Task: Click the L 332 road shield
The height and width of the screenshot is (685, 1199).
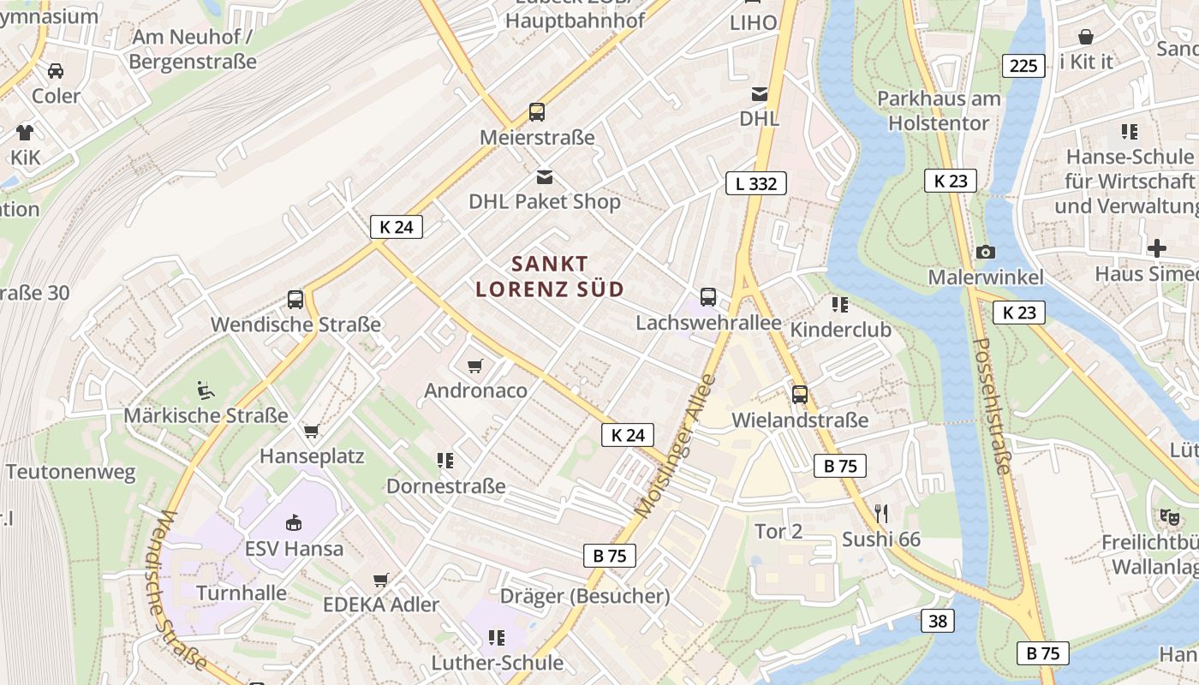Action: pos(755,182)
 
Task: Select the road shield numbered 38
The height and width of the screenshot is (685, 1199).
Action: pos(938,621)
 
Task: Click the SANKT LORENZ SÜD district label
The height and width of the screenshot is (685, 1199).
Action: pos(550,276)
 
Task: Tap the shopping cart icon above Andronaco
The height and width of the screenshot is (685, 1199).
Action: pos(475,366)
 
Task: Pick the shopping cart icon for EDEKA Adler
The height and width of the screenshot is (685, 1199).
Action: pos(381,580)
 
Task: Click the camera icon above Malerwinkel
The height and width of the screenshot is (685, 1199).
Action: pos(986,252)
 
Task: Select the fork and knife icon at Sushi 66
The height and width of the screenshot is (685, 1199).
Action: pos(881,513)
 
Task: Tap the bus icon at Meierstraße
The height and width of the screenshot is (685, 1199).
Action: pos(537,112)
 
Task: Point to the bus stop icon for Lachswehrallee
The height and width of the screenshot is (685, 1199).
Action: pos(708,297)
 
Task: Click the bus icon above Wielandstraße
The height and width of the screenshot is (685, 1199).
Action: pos(800,395)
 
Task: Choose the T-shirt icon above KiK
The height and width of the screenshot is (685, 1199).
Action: pos(25,133)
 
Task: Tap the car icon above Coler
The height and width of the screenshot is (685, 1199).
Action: pos(56,71)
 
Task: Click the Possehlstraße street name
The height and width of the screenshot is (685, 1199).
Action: pos(993,406)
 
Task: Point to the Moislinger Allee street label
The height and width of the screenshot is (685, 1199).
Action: pos(675,445)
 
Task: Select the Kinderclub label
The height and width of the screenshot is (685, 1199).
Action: pos(840,330)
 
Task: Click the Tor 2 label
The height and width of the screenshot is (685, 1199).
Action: pos(778,531)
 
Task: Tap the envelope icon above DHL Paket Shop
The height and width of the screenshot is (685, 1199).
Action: pos(544,176)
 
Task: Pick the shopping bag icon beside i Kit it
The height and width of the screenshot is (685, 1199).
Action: pos(1085,37)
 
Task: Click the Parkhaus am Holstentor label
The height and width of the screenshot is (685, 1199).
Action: pos(939,110)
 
